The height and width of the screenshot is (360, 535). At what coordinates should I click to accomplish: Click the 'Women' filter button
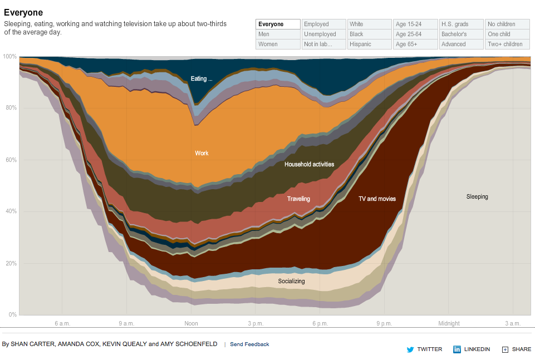tap(278, 44)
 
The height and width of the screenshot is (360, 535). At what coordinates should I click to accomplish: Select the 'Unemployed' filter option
tap(323, 34)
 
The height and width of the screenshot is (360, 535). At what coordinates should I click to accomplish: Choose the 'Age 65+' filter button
tap(415, 44)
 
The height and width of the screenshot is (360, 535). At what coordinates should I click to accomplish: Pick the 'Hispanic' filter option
tap(369, 44)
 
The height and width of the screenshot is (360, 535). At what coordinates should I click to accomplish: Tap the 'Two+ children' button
tap(507, 44)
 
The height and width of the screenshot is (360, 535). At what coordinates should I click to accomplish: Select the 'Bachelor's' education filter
tap(461, 34)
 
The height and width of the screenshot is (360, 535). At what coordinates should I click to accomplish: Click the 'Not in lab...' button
tap(323, 44)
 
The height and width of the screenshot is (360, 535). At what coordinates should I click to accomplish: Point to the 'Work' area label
tap(202, 153)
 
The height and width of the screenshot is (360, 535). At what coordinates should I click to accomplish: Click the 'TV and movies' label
tap(377, 199)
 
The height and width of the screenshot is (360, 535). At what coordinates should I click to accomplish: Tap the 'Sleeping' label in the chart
tap(477, 196)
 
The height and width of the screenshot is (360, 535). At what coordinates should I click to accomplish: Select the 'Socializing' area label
tap(291, 281)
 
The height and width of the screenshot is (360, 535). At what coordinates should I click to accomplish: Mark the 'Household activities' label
tap(309, 164)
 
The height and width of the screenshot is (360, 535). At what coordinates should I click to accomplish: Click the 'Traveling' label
tap(298, 199)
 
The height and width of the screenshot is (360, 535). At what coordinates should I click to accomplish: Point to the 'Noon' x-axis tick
tap(191, 323)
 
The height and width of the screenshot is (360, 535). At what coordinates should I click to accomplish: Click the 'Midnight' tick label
tap(449, 323)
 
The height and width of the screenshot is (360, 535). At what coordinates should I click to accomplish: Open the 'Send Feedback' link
tap(249, 344)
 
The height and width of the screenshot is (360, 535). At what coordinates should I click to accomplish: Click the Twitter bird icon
tap(410, 349)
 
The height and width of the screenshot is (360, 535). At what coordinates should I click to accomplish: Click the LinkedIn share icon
tap(457, 349)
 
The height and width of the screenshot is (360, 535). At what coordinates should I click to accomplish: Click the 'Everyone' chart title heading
tap(23, 12)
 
